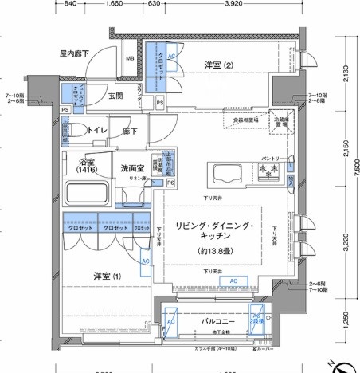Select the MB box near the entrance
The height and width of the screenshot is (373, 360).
point(130,58)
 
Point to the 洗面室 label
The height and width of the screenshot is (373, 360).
point(131,168)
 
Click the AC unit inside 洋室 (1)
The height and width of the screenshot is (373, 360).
point(145,261)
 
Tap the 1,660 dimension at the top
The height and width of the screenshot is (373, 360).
point(114,4)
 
